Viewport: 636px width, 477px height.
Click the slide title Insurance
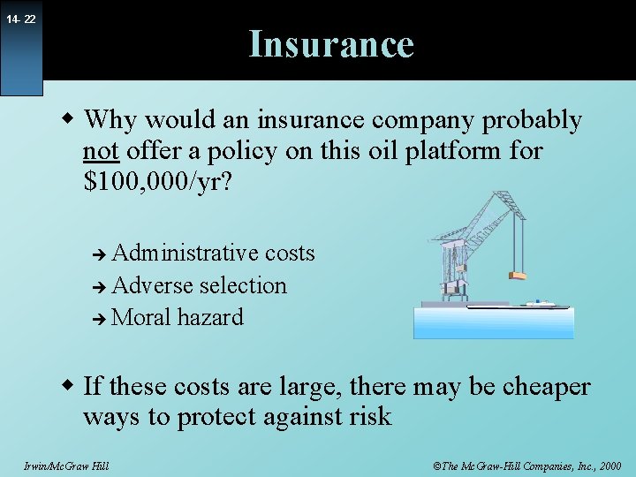click(x=331, y=44)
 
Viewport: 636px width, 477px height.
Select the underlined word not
click(x=101, y=152)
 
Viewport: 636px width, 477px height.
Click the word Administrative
click(x=187, y=254)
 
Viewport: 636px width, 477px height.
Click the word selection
click(x=243, y=286)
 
